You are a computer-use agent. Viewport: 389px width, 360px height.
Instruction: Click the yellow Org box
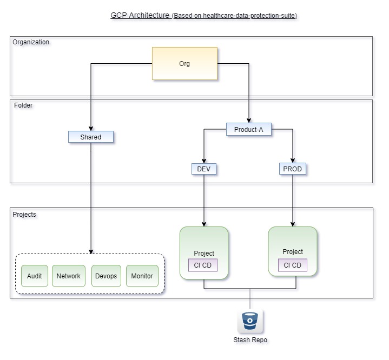(x=184, y=64)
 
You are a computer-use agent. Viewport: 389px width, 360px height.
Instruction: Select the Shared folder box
(x=91, y=137)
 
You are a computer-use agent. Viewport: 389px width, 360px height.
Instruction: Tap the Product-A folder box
(x=248, y=130)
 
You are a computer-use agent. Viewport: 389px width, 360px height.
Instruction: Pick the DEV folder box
(x=204, y=169)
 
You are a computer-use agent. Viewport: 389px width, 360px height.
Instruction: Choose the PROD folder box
(x=293, y=169)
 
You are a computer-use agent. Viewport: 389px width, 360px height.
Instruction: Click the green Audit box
(x=35, y=276)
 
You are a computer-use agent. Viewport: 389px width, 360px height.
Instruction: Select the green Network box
(x=69, y=276)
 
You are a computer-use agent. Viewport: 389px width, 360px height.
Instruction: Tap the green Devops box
(x=106, y=276)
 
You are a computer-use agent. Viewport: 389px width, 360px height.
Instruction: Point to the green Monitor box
(x=142, y=276)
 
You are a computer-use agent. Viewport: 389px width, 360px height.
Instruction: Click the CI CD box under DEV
(x=203, y=265)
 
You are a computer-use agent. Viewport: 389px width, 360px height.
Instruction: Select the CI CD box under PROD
(x=293, y=265)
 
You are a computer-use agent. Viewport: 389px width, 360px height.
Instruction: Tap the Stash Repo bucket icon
(x=250, y=322)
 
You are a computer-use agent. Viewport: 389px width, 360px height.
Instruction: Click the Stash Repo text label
(x=250, y=340)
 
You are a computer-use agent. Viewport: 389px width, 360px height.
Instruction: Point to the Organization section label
(x=31, y=42)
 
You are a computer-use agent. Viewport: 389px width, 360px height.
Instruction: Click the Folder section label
(x=23, y=105)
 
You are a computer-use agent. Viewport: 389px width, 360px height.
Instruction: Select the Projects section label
(x=24, y=215)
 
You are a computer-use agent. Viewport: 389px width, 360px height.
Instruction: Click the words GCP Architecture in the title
(x=140, y=15)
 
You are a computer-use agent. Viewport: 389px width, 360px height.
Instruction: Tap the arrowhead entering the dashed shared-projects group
(x=91, y=251)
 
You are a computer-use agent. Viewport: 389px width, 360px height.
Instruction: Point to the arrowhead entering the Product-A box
(x=248, y=121)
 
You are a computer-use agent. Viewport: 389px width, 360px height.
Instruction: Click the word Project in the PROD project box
(x=293, y=252)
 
